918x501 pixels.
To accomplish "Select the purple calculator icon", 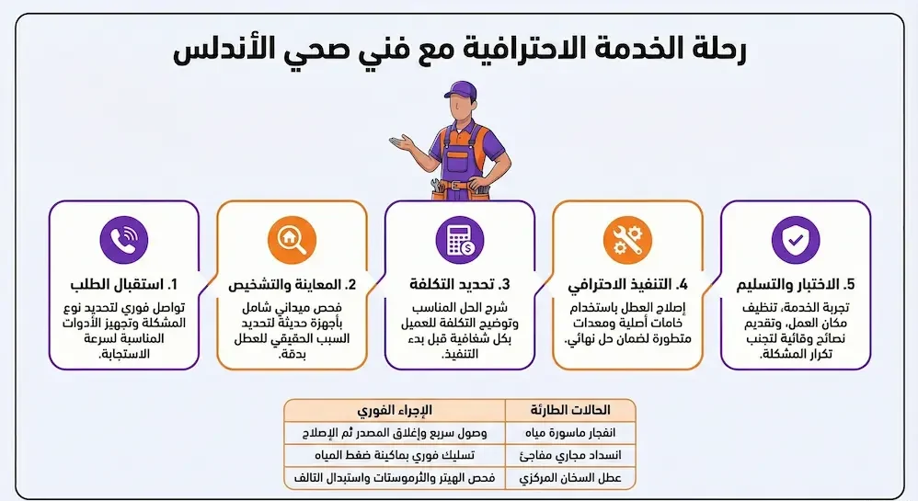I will click(x=459, y=239).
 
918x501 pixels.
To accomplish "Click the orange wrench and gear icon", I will click(x=627, y=239).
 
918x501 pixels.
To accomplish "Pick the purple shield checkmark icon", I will click(x=795, y=239).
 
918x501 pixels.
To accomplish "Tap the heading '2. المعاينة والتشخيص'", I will click(x=292, y=283).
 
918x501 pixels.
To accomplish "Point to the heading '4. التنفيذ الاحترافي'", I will click(x=627, y=283).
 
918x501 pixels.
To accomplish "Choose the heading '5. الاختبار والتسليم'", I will click(x=795, y=283).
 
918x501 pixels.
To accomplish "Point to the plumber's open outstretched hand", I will click(x=402, y=142).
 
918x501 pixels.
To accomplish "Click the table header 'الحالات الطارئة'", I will click(x=570, y=409).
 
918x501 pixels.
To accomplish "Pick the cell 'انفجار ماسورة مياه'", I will click(x=570, y=432).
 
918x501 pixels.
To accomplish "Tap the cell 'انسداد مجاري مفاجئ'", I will click(x=570, y=455).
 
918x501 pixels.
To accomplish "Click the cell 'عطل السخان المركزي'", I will click(x=570, y=478).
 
